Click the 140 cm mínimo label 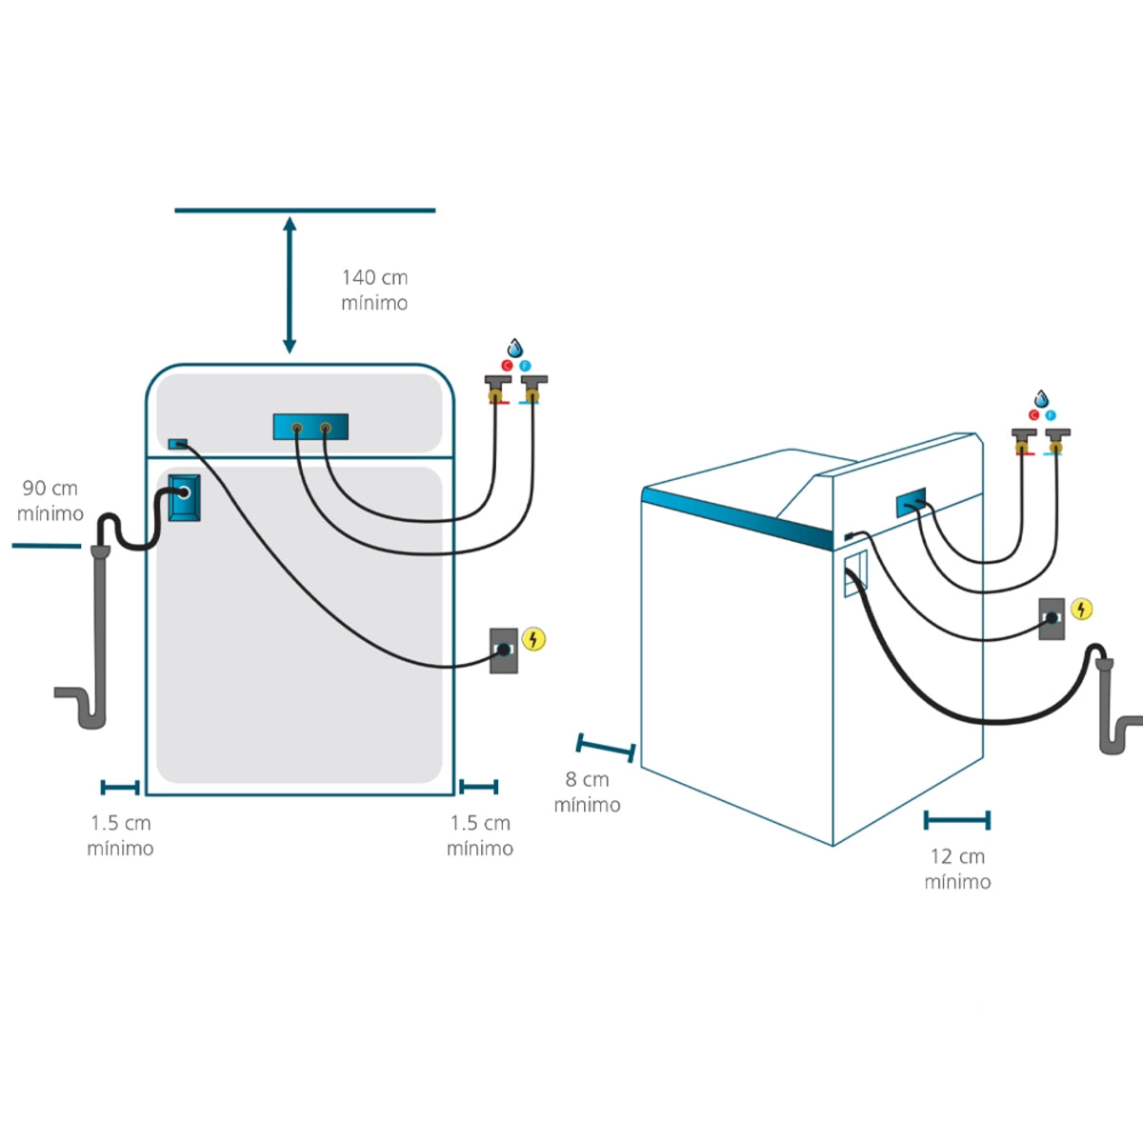[374, 290]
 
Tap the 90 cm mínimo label [50, 501]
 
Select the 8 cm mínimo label [587, 792]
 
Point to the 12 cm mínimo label [957, 869]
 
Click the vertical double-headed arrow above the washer [290, 286]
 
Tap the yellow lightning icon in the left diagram [534, 639]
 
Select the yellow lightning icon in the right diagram [1082, 609]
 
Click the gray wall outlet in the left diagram [504, 650]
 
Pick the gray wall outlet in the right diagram [1052, 618]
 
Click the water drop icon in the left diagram [515, 348]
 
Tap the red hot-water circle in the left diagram [507, 366]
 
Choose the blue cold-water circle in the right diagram [1051, 415]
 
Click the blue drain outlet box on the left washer [183, 495]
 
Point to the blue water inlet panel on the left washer [311, 427]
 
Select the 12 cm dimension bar [957, 820]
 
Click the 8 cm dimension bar [606, 748]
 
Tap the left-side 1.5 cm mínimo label [120, 835]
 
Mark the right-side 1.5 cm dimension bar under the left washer [478, 787]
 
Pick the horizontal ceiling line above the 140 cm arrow [305, 211]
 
